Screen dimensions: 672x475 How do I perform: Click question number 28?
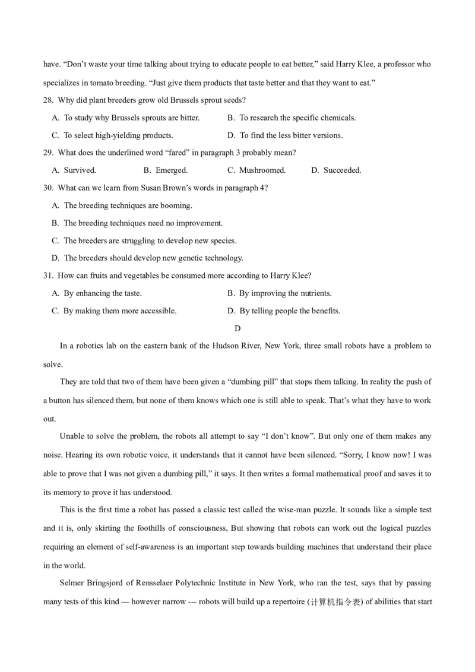tap(48, 100)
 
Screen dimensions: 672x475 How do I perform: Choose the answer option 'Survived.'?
tap(80, 170)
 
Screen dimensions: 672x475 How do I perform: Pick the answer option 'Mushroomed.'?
tap(262, 170)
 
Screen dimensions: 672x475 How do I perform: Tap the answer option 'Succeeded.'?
tap(342, 170)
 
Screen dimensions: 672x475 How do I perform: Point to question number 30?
tap(48, 188)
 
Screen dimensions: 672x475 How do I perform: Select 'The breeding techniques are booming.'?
tap(128, 205)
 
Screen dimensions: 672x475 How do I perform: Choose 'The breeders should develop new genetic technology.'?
tap(153, 258)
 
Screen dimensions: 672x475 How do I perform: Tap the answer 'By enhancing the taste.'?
tap(103, 293)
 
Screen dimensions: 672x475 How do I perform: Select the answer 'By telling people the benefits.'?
tap(289, 311)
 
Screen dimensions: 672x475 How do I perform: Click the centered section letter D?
tap(237, 328)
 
